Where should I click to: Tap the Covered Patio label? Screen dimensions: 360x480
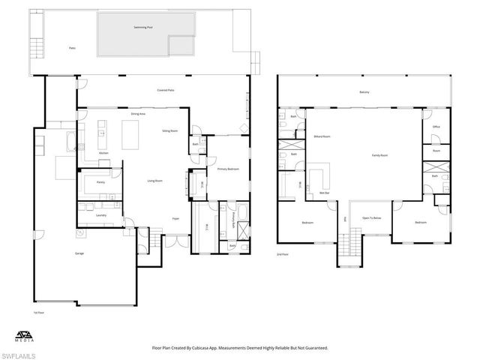click(166, 89)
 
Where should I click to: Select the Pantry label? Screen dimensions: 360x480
click(100, 181)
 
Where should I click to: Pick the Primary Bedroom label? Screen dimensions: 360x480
click(227, 169)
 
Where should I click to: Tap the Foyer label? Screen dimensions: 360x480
click(175, 219)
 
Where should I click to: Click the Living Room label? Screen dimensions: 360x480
click(154, 181)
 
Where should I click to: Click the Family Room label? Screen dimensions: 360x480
click(379, 155)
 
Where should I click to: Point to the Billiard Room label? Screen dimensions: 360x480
click(322, 136)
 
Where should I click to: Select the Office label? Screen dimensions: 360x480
click(436, 127)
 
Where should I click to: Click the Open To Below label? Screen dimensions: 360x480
click(372, 218)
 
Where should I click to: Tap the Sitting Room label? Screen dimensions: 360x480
click(169, 130)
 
